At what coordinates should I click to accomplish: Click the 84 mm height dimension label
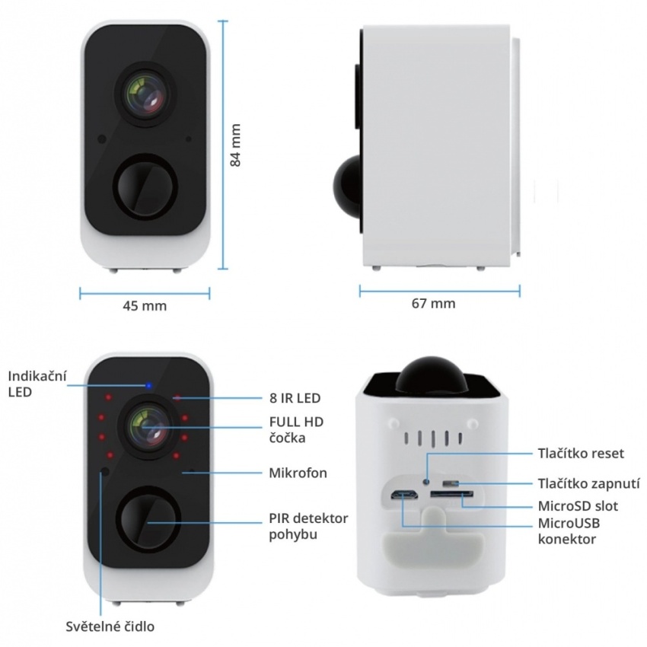(235, 145)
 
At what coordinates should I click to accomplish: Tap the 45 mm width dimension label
(145, 306)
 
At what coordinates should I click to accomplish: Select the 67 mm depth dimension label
(434, 304)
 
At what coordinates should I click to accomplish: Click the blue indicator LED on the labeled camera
(148, 386)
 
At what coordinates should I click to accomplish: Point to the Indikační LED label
(37, 384)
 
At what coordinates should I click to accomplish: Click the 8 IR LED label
(295, 398)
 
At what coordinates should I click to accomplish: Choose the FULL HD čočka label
(296, 429)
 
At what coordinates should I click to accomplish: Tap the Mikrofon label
(298, 473)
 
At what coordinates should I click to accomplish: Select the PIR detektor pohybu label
(308, 526)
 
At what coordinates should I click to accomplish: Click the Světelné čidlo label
(110, 626)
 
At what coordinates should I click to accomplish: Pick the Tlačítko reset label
(581, 454)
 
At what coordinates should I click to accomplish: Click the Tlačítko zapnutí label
(589, 483)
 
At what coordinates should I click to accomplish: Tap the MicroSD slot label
(578, 506)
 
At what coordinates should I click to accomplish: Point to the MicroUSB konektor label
(569, 531)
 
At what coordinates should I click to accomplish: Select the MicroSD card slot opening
(452, 494)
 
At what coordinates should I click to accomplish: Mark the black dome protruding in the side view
(348, 184)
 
